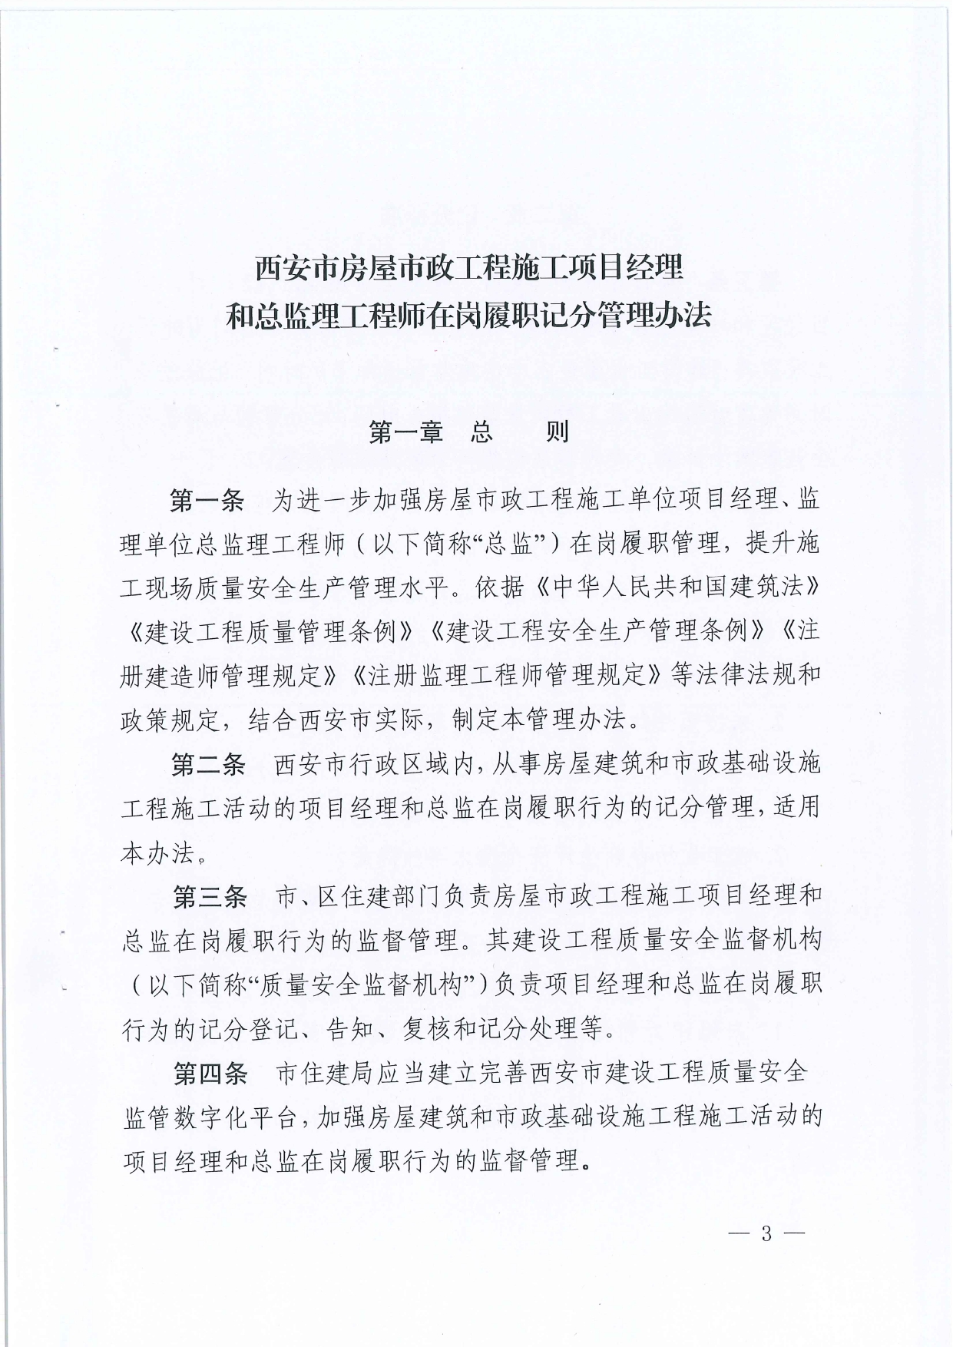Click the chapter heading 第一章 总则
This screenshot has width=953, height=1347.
pyautogui.click(x=468, y=433)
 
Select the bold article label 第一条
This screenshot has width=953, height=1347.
pyautogui.click(x=207, y=501)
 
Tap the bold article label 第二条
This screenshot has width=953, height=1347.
pyautogui.click(x=208, y=764)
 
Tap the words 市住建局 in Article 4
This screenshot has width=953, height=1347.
pyautogui.click(x=314, y=1073)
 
